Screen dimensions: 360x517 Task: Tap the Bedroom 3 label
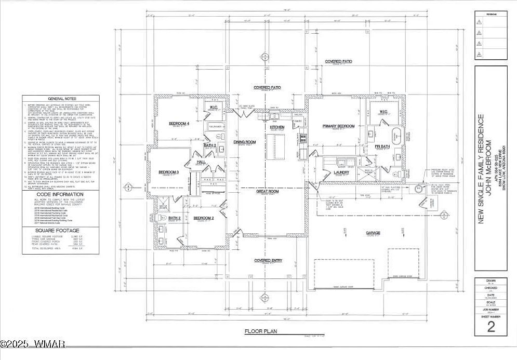click(x=169, y=172)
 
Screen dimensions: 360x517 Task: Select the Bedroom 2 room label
click(x=204, y=218)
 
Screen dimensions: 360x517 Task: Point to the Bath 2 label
click(x=175, y=218)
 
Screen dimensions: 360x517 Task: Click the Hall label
click(x=201, y=162)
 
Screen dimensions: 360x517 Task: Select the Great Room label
click(x=268, y=191)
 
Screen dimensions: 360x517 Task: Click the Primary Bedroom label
click(x=338, y=126)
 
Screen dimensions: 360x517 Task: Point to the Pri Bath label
click(x=382, y=147)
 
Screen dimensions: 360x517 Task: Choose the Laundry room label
click(x=341, y=172)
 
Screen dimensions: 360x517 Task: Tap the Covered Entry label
click(x=268, y=260)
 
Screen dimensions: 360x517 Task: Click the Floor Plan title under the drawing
click(x=262, y=330)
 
